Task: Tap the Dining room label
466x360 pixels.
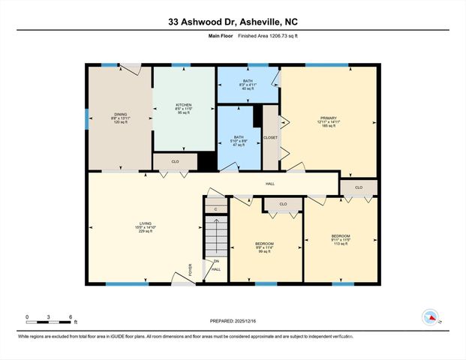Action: click(120, 118)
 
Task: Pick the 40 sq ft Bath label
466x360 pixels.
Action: click(248, 84)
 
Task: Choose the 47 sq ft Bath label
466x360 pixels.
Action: click(239, 141)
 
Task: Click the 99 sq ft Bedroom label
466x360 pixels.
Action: click(264, 247)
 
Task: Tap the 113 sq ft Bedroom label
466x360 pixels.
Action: click(341, 240)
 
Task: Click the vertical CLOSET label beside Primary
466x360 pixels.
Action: click(271, 138)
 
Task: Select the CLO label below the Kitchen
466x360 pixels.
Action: click(174, 160)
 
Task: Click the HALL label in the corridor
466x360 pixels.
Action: click(270, 184)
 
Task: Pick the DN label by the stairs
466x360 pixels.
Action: click(216, 261)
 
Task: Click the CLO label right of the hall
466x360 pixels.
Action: click(359, 187)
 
